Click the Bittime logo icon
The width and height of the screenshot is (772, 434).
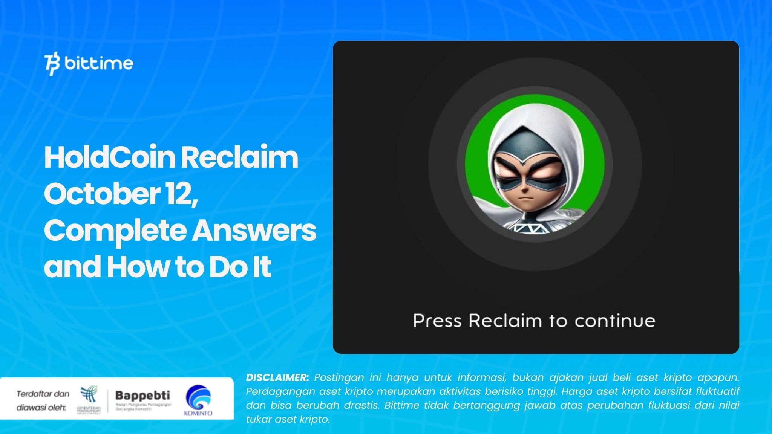click(x=52, y=65)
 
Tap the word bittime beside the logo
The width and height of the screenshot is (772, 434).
click(x=99, y=63)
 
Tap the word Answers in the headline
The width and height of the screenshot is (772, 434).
click(x=254, y=231)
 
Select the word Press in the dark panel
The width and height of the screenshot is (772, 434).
click(x=437, y=321)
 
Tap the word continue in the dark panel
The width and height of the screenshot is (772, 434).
click(x=615, y=321)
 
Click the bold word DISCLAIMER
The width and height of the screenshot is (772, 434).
click(x=277, y=377)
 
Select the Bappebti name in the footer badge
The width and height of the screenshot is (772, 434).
click(x=142, y=395)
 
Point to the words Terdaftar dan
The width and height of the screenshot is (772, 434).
click(x=43, y=394)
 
